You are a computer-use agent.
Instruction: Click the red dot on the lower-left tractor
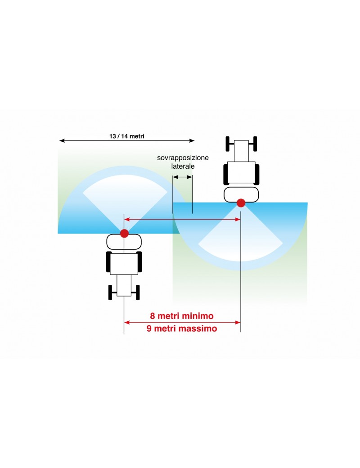coord(124,233)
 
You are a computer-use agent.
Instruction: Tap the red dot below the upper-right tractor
coord(241,203)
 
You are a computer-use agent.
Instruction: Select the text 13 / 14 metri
coord(127,135)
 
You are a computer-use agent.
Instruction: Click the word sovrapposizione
coord(183,158)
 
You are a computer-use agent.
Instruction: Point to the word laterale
coord(183,166)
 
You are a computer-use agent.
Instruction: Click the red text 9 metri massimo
coord(182,328)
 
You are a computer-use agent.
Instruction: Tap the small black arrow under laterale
coord(183,177)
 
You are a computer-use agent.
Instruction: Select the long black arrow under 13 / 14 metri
coord(127,141)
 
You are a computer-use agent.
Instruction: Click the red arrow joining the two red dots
coord(182,220)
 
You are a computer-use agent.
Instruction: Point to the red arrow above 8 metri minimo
coord(182,322)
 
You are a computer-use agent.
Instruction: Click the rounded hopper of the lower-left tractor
coord(124,242)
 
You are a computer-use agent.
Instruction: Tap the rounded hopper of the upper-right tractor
coord(241,194)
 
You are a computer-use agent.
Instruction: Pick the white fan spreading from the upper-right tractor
coord(241,241)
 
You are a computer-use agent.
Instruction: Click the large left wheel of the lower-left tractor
coord(108,262)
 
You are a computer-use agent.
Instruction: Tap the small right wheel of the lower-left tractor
coord(137,292)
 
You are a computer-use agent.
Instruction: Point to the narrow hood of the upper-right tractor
coord(241,151)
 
